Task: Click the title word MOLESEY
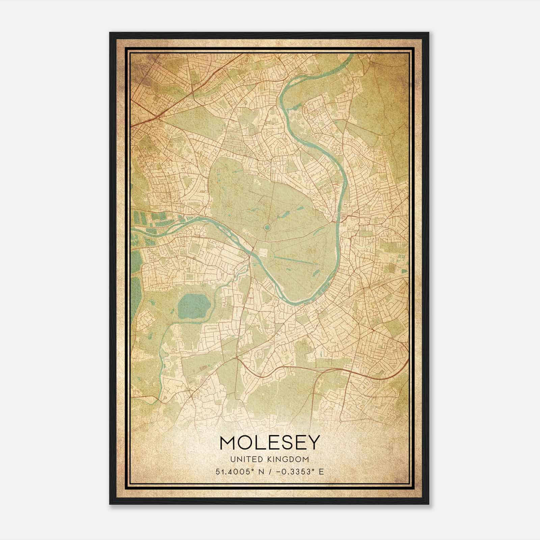[269, 442]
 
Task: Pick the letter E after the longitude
[321, 471]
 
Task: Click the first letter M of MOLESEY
[228, 442]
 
